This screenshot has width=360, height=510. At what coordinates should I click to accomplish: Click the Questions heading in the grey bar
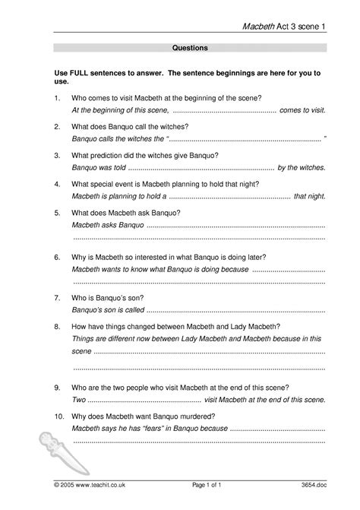tap(191, 47)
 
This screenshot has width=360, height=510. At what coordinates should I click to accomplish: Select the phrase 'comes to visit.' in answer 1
tap(303, 109)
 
